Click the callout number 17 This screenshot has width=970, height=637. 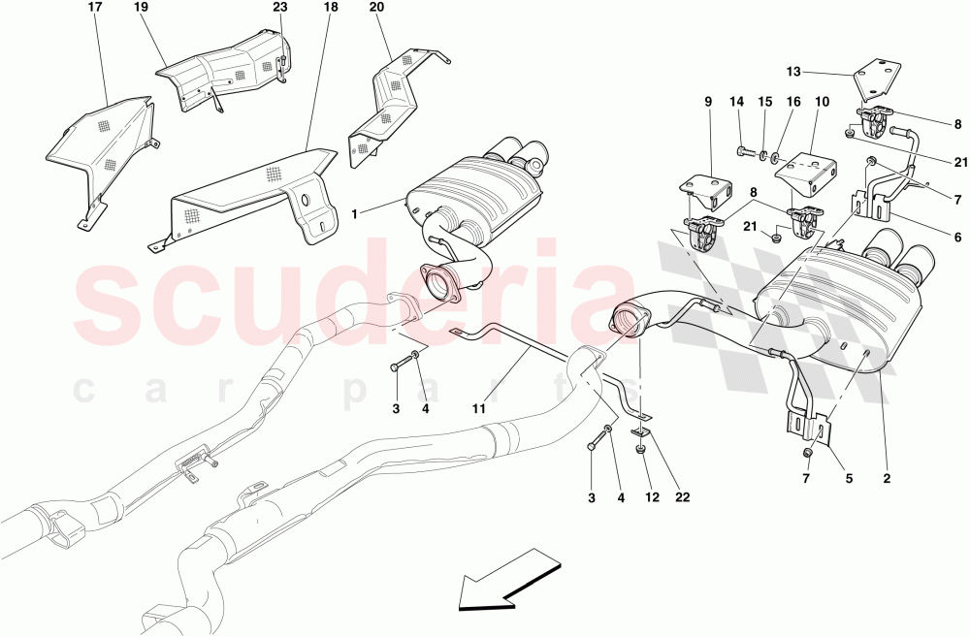pyautogui.click(x=94, y=8)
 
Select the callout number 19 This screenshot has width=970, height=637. pyautogui.click(x=141, y=8)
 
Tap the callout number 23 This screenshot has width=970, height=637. pyautogui.click(x=280, y=8)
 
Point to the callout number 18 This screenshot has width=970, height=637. pyautogui.click(x=331, y=8)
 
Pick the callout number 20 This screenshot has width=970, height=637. pyautogui.click(x=377, y=8)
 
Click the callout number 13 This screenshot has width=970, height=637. pyautogui.click(x=794, y=71)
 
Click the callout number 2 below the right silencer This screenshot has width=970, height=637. pyautogui.click(x=886, y=478)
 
